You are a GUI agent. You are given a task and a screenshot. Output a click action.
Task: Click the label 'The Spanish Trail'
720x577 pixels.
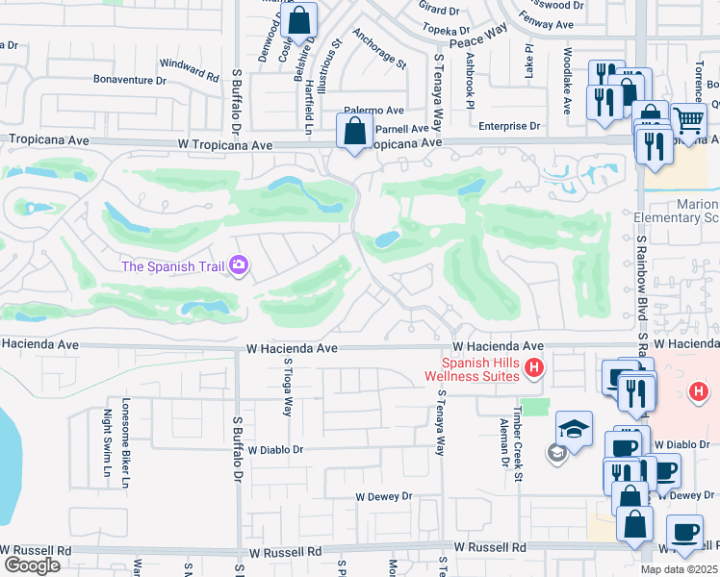(x=174, y=265)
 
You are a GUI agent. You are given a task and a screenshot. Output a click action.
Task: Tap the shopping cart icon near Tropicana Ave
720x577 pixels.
(x=688, y=120)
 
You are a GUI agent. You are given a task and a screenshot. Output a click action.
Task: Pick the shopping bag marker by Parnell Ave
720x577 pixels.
(x=354, y=131)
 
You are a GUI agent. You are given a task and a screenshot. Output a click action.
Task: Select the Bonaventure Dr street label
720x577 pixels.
(x=130, y=81)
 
